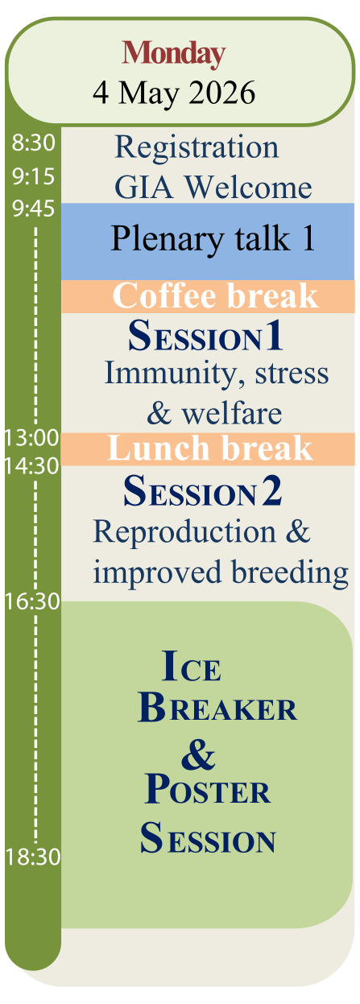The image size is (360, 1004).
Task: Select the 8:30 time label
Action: pyautogui.click(x=33, y=143)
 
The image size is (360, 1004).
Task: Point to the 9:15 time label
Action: pyautogui.click(x=33, y=176)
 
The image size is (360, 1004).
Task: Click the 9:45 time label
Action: pyautogui.click(x=33, y=209)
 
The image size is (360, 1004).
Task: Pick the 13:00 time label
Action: pyautogui.click(x=31, y=437)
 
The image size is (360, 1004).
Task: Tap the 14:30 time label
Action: pyautogui.click(x=31, y=466)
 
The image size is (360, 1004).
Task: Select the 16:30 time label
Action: pyautogui.click(x=32, y=601)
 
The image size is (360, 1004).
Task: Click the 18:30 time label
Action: pyautogui.click(x=32, y=857)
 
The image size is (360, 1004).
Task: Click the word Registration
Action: pyautogui.click(x=197, y=148)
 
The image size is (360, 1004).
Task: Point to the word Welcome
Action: pyautogui.click(x=249, y=187)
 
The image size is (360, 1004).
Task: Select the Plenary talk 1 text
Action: pyautogui.click(x=213, y=239)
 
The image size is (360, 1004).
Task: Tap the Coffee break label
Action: pyautogui.click(x=215, y=295)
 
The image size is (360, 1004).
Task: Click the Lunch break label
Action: pyautogui.click(x=210, y=448)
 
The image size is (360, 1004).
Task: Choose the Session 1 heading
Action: pyautogui.click(x=206, y=336)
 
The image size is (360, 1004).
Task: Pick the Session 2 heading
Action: pyautogui.click(x=203, y=491)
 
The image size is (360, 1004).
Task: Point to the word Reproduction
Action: pyautogui.click(x=184, y=533)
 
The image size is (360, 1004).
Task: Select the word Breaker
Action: pyautogui.click(x=217, y=708)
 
